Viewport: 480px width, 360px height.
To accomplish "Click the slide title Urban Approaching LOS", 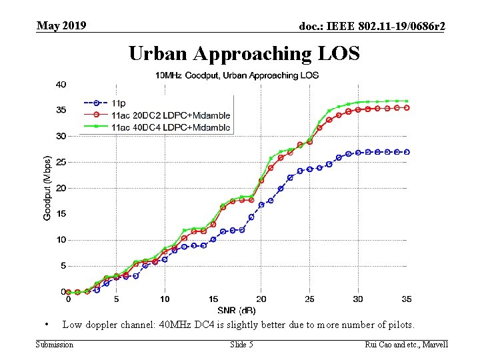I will pos(244,53).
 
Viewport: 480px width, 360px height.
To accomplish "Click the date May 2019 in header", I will pos(61,26).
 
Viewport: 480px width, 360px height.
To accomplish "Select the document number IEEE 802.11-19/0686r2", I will pos(373,27).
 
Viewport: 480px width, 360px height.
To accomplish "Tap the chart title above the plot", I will pos(237,75).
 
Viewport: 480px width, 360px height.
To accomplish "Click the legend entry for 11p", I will pos(119,103).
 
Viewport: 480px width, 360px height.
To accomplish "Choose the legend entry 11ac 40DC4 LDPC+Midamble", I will pos(171,127).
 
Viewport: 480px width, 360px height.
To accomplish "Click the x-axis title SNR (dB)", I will pos(237,310).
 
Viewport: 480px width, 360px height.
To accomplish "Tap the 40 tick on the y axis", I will pos(61,85).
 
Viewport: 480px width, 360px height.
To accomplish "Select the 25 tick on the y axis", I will pos(61,162).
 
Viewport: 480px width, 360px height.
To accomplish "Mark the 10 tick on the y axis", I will pos(61,240).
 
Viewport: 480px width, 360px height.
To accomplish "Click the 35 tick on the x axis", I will pos(407,299).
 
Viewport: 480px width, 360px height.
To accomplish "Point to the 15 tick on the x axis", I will pos(213,299).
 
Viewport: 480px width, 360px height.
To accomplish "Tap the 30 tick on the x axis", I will pos(358,299).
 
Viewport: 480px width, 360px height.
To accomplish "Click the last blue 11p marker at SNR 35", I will pos(407,152).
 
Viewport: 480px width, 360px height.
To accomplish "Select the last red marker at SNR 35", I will pos(407,107).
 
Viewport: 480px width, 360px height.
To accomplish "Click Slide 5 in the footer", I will pos(241,344).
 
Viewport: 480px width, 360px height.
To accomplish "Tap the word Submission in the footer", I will pos(55,344).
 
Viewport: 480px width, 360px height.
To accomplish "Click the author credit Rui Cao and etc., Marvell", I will pos(407,344).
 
